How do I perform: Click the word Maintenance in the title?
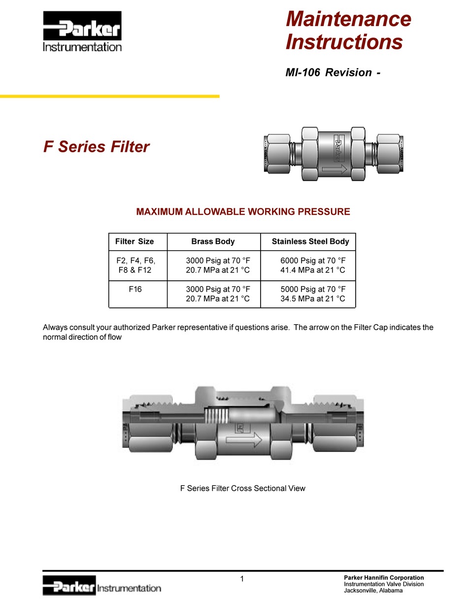[x=348, y=19]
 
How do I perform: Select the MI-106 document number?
[x=301, y=72]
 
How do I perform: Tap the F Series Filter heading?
[x=97, y=147]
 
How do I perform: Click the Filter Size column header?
[x=134, y=241]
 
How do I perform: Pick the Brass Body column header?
[x=213, y=241]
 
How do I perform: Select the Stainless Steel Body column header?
[x=310, y=241]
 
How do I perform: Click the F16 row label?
[x=135, y=289]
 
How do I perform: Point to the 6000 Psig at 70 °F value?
[x=313, y=260]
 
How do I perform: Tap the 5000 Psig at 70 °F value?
[x=313, y=289]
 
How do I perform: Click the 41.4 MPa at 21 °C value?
[x=313, y=270]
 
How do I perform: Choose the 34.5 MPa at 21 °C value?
[x=313, y=299]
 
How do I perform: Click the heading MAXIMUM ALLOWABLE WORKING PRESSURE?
[x=243, y=212]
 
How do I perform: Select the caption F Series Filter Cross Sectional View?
[x=242, y=488]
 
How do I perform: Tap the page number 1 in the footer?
[x=242, y=579]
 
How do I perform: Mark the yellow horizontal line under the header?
[x=109, y=97]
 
